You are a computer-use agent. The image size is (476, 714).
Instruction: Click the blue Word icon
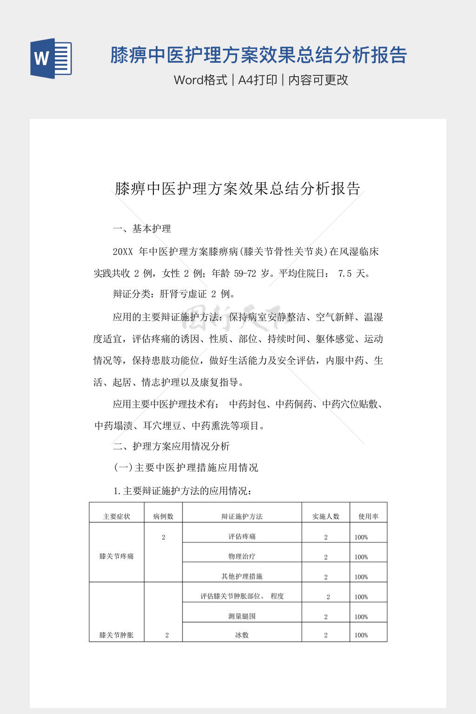tap(51, 58)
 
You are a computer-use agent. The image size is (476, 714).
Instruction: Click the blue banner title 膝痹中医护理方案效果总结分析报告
tap(258, 55)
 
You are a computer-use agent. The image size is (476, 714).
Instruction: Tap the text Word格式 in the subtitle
tap(201, 80)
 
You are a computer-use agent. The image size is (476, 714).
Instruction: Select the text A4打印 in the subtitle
tap(258, 80)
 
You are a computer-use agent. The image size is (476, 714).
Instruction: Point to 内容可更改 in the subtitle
tap(318, 80)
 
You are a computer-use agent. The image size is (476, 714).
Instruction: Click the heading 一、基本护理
tap(142, 229)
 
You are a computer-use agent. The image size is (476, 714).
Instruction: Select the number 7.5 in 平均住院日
tap(344, 273)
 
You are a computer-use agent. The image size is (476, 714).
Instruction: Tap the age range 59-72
tap(245, 273)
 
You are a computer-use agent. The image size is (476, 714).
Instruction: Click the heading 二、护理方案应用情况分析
tap(172, 446)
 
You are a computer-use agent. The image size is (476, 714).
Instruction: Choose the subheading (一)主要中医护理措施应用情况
tap(186, 468)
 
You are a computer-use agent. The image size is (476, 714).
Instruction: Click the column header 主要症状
tap(117, 516)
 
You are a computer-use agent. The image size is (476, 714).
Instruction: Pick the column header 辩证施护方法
tap(242, 516)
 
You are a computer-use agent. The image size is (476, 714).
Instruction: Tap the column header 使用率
tap(368, 516)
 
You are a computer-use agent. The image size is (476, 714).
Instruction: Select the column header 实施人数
tap(326, 516)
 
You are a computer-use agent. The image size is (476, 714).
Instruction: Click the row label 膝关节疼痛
tap(117, 556)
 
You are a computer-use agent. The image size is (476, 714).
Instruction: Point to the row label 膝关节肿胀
tap(117, 635)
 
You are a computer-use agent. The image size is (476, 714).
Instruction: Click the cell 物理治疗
tap(242, 556)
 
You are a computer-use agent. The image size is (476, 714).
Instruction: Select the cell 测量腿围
tap(242, 616)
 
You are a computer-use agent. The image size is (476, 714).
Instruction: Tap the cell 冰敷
tap(242, 635)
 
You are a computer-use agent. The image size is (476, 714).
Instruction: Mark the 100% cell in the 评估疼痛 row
tap(361, 537)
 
